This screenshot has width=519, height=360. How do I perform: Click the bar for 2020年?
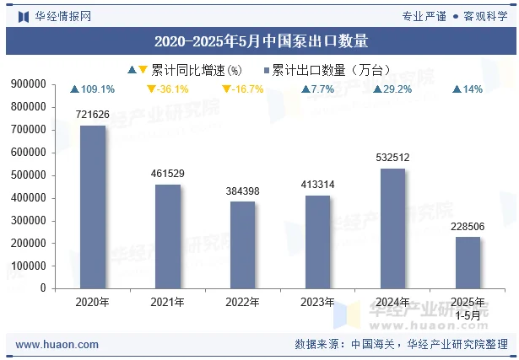coord(92,207)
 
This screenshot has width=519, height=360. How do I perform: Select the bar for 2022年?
coord(242,244)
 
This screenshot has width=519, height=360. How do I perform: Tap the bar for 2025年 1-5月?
coord(468,262)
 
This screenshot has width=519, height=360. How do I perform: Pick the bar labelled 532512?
coord(392,228)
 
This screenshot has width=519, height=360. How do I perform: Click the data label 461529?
coord(167,174)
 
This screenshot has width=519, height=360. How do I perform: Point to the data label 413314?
coord(317,185)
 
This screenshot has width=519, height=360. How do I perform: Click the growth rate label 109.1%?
coord(97,89)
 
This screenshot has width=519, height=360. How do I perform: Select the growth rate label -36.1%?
coord(172,89)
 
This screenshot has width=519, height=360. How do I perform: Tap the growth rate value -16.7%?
coord(247,89)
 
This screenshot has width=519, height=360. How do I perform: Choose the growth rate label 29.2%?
coord(397,89)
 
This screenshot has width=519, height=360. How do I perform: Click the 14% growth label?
coord(473,89)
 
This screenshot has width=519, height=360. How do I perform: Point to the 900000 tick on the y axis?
coord(29,84)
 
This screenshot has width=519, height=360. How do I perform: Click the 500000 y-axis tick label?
coord(29,175)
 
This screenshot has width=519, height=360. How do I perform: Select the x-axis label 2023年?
coord(317,302)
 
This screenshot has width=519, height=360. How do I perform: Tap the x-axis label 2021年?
coord(167,302)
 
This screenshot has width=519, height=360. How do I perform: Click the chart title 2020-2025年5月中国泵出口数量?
coord(260,40)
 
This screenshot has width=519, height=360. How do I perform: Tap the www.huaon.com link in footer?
coord(57,344)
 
